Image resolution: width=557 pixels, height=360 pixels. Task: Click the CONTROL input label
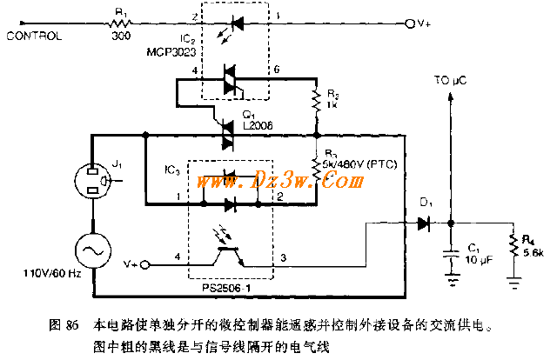(34, 37)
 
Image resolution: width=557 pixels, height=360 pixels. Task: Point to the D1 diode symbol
(424, 223)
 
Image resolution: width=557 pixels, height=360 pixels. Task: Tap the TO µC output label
(451, 80)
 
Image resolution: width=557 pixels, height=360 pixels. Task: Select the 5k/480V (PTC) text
(359, 161)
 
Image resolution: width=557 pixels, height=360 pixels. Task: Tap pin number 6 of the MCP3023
(277, 69)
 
